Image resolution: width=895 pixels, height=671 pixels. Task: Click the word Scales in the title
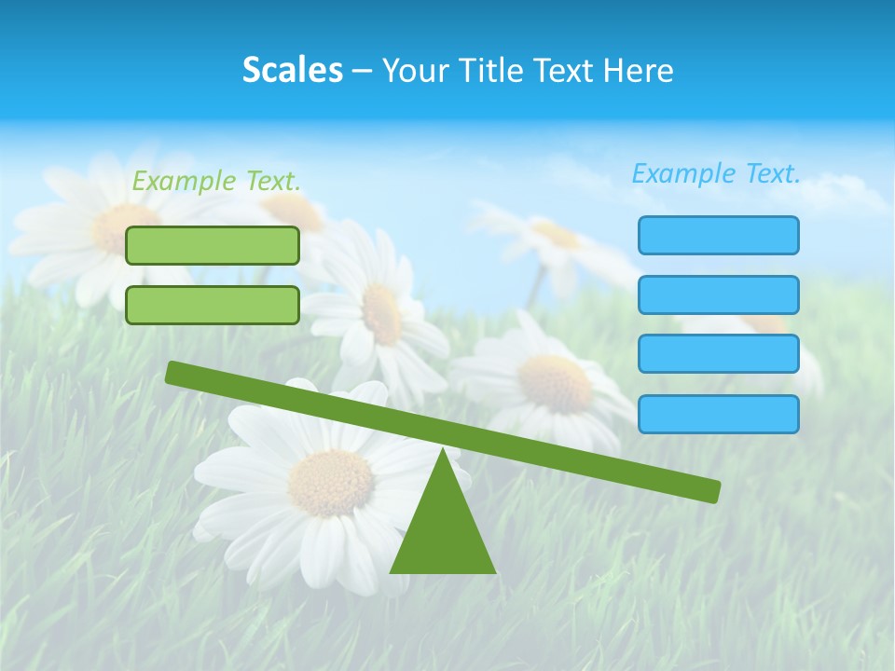(292, 71)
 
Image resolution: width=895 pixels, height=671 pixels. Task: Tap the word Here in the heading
(639, 71)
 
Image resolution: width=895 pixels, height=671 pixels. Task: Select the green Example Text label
(216, 181)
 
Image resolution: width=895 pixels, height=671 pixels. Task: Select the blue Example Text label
(716, 173)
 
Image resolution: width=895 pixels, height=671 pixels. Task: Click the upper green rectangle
(213, 245)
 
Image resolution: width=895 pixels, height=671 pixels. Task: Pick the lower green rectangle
(213, 305)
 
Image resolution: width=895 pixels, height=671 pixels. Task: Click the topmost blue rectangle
(718, 235)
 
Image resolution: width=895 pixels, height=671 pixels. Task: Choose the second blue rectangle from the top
(718, 294)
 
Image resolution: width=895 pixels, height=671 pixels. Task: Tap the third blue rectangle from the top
(718, 354)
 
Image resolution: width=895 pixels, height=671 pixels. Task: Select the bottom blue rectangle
(718, 414)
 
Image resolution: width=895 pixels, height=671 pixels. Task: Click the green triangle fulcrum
(443, 531)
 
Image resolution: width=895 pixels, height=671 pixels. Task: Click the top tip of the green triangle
(443, 451)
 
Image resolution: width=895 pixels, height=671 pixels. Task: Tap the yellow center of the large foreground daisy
(330, 483)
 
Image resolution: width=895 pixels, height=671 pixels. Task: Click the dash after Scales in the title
(362, 71)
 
